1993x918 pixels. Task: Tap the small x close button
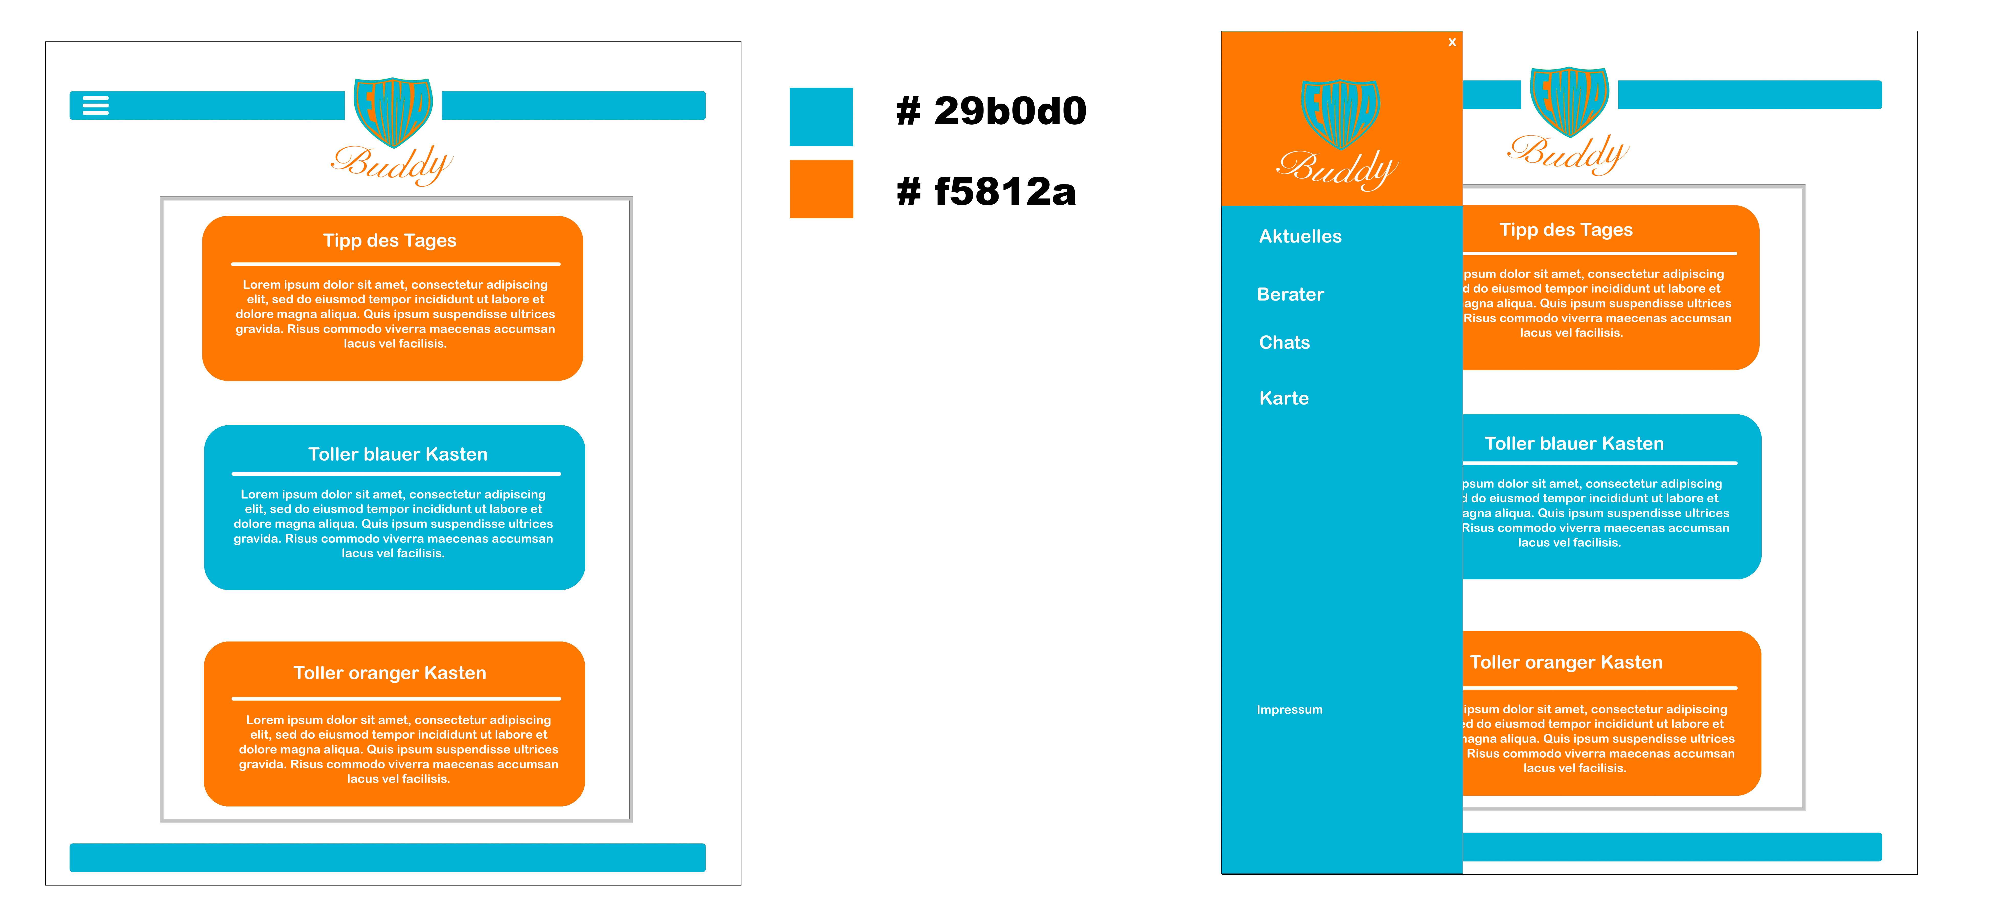tap(1452, 42)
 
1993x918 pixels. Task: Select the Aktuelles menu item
tap(1300, 236)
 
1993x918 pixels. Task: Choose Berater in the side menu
tap(1290, 294)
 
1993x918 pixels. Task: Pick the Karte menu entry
tap(1284, 398)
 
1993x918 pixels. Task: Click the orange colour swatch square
tap(821, 189)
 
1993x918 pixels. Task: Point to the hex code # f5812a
tap(986, 191)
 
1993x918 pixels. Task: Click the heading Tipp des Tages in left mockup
tap(390, 241)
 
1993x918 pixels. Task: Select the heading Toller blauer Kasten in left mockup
tap(398, 454)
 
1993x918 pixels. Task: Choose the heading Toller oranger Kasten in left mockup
tap(390, 673)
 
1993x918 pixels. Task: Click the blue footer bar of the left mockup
tap(387, 858)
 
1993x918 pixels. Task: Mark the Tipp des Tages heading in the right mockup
tap(1566, 230)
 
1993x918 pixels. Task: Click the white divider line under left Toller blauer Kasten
tap(396, 474)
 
